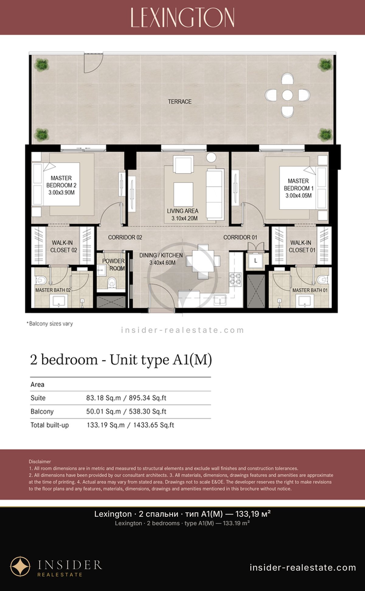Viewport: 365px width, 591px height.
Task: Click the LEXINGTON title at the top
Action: pos(182,17)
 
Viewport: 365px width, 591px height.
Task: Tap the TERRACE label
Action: pos(180,102)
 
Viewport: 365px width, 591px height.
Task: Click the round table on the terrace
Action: pos(287,95)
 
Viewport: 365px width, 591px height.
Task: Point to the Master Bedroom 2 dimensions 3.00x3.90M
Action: pos(61,192)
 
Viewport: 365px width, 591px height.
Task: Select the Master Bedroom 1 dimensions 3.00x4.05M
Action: pos(298,195)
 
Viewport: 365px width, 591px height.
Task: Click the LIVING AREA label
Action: pos(182,211)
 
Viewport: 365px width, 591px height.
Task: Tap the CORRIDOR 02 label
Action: pos(125,237)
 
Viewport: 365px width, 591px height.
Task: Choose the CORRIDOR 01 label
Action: pos(240,237)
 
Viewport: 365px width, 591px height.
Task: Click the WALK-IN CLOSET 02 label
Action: pos(63,246)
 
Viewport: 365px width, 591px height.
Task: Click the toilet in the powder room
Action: pos(112,283)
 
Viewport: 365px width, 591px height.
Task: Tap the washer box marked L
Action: pos(255,261)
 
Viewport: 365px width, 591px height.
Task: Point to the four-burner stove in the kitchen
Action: pos(235,280)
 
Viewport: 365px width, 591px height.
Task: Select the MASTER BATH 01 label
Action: pos(310,290)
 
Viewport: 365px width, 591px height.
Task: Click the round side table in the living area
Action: pos(211,157)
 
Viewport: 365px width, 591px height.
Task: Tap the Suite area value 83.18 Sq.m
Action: pos(103,398)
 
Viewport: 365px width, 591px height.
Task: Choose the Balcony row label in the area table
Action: pos(42,412)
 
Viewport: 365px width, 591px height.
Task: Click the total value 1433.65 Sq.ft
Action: pos(154,425)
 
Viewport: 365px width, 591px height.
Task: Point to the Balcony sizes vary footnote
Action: pos(50,324)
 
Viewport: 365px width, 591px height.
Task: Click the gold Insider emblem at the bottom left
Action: pos(20,567)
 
